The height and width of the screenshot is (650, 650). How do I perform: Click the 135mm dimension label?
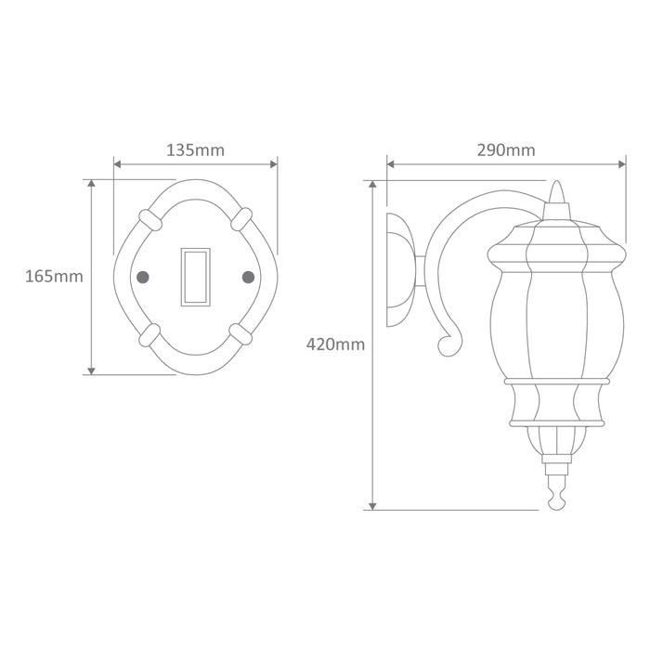(x=195, y=149)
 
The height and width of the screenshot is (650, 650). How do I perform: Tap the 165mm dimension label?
(x=54, y=276)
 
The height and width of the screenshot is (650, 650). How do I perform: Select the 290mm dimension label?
(x=505, y=149)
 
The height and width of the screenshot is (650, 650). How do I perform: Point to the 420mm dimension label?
(x=335, y=344)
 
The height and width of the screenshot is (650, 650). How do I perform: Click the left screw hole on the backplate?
(x=143, y=277)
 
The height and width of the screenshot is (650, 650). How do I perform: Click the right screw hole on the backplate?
(x=248, y=277)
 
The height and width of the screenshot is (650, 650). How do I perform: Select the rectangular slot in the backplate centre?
(x=196, y=277)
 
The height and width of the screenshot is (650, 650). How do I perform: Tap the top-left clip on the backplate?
(x=148, y=220)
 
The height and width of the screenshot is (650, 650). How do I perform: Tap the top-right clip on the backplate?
(x=242, y=220)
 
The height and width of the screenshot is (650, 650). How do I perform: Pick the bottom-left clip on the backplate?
(x=148, y=333)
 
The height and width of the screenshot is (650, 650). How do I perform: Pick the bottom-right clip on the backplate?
(x=242, y=333)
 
